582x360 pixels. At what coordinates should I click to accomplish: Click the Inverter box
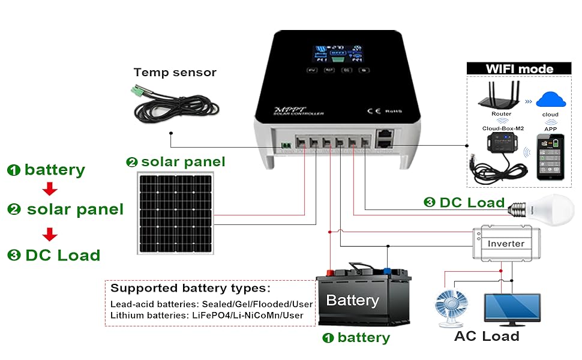[506, 243]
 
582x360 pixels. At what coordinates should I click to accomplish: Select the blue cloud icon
[550, 98]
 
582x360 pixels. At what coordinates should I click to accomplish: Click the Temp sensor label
[175, 73]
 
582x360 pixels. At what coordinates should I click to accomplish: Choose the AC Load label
[487, 336]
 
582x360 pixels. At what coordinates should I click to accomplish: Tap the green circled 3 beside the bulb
[429, 202]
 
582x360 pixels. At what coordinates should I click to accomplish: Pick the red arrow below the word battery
[50, 189]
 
